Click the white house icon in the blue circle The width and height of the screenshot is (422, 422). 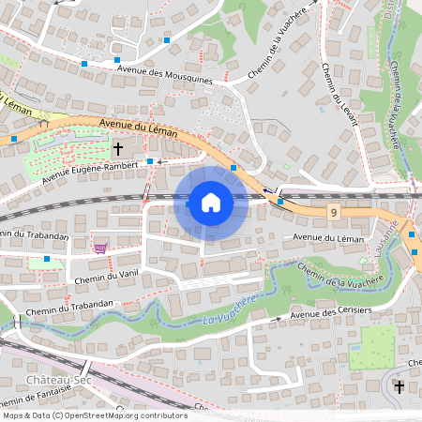211,202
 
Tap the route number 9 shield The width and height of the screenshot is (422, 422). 333,215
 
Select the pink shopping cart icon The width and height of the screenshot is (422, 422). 99,248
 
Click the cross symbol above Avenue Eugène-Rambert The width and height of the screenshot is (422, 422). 118,148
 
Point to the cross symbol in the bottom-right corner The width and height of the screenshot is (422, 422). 399,386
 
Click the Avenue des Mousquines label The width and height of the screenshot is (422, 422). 165,74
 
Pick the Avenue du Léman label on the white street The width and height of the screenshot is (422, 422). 328,238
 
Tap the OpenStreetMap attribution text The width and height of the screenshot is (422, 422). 95,414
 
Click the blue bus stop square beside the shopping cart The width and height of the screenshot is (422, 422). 47,258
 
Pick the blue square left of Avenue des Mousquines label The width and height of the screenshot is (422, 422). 84,64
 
